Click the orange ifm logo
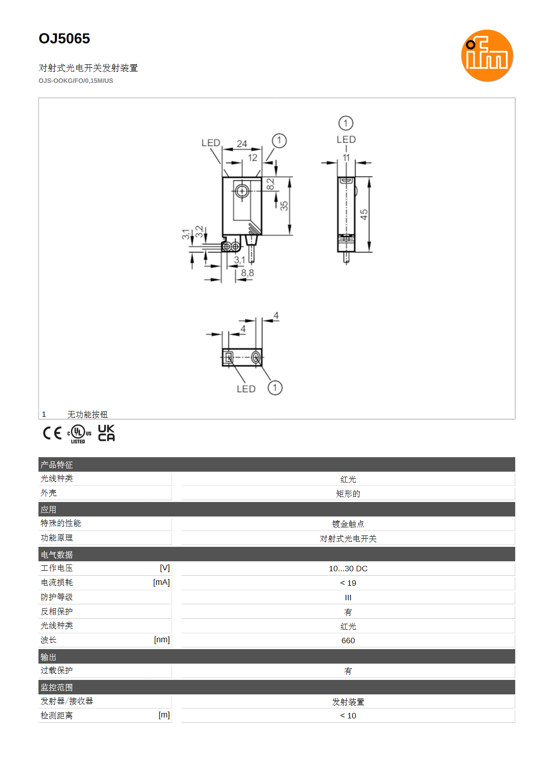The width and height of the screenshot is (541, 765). [487, 55]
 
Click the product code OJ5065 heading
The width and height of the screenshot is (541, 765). [64, 38]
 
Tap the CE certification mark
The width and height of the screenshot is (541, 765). [52, 433]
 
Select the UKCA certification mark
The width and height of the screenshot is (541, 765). [106, 433]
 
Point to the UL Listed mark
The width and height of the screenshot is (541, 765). [79, 434]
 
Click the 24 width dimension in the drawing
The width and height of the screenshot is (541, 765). [242, 143]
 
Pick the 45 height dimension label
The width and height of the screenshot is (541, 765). [364, 215]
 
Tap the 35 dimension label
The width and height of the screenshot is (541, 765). [284, 206]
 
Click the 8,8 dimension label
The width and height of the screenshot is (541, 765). [247, 273]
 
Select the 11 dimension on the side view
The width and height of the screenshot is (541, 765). [346, 158]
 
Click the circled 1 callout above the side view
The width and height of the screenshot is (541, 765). [346, 123]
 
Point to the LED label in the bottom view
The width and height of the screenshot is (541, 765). [246, 389]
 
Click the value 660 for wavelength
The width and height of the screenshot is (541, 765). [348, 641]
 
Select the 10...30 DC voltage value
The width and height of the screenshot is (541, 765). [348, 568]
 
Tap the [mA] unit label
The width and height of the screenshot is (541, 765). [161, 582]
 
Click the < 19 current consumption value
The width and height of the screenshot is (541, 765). [348, 583]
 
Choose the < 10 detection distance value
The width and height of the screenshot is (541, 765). [348, 716]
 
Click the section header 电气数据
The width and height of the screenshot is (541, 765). [57, 555]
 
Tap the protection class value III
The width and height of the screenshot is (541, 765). [348, 598]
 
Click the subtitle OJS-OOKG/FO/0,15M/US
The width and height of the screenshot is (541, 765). [76, 81]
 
